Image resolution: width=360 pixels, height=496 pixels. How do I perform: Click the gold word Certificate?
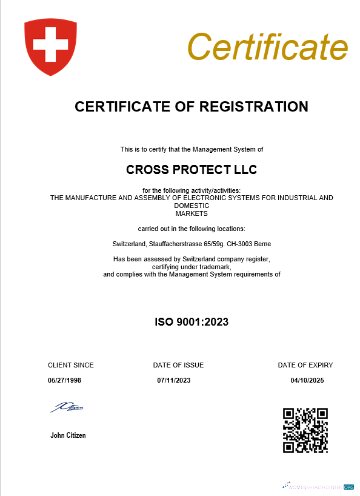[267, 46]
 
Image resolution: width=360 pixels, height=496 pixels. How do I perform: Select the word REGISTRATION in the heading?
[257, 107]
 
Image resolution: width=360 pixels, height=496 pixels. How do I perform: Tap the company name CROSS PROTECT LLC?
[192, 170]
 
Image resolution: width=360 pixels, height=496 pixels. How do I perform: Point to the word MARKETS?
[192, 213]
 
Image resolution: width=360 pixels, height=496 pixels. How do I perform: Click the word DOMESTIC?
[192, 206]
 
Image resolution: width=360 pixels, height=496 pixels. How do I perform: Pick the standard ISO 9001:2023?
[192, 321]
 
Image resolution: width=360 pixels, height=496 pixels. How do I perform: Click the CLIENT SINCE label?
[71, 365]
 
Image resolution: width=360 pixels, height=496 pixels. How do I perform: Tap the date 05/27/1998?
[64, 380]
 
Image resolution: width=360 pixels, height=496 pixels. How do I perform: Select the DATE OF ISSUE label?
[178, 365]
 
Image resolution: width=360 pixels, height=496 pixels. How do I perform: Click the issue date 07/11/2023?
[174, 380]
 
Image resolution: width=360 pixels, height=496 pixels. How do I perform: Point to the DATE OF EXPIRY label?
[305, 365]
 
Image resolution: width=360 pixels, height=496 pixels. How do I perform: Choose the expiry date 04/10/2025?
[308, 380]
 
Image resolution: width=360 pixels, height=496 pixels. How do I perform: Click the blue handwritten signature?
[67, 407]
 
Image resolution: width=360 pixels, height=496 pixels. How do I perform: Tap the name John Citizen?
[68, 435]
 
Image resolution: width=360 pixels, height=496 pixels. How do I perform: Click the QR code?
[305, 430]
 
